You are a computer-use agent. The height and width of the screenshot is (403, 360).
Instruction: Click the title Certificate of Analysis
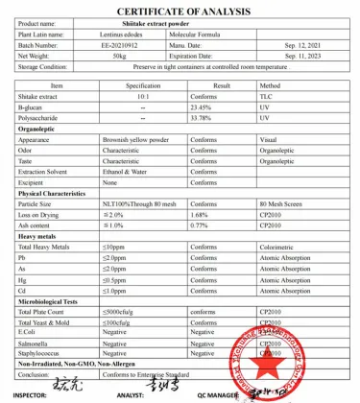[x=180, y=8]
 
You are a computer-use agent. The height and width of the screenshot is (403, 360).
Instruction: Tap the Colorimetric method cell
[x=278, y=247]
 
